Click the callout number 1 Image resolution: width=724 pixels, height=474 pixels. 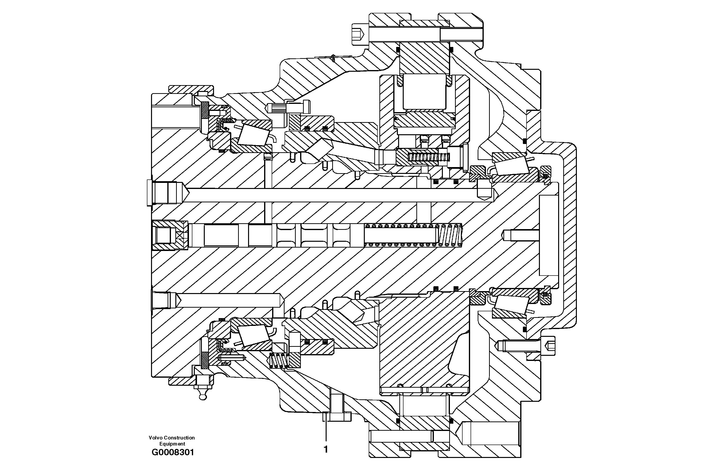point(326,449)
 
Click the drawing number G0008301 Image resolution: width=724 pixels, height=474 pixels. point(172,452)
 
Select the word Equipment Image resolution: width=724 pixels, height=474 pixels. point(172,444)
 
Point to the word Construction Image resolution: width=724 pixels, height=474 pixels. point(179,438)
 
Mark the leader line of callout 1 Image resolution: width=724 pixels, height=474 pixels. point(326,429)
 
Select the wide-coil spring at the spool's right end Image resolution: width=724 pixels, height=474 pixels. point(450,235)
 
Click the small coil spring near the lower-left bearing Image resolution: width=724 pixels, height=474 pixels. point(279,361)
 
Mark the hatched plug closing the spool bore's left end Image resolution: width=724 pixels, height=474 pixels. point(170,235)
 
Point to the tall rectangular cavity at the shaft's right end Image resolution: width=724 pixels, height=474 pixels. point(548,235)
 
